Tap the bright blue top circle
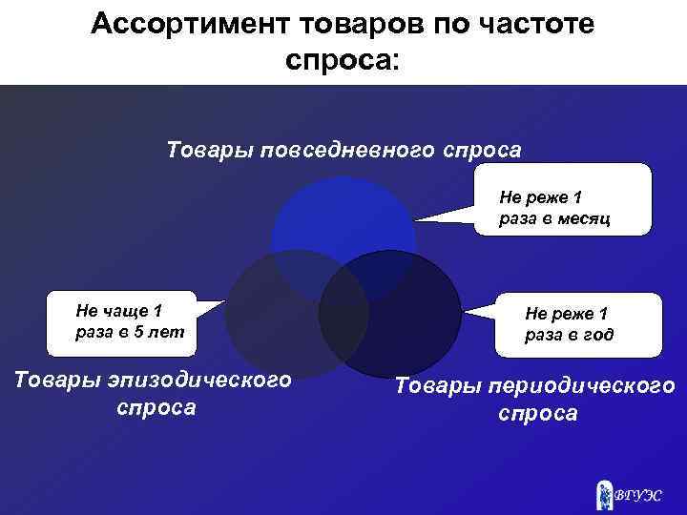coord(343,219)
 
